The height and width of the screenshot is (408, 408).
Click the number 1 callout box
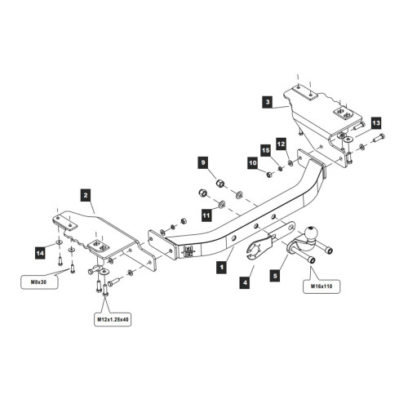(222, 267)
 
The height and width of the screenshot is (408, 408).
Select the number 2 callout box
(86, 195)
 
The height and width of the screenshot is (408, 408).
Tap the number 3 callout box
(268, 102)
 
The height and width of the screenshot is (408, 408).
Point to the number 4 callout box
(245, 282)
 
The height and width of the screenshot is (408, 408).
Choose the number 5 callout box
(275, 276)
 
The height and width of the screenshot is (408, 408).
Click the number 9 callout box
(203, 162)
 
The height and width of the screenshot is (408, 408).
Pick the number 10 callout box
(253, 163)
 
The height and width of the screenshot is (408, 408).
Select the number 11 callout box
(206, 215)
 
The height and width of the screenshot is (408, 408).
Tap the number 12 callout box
(282, 144)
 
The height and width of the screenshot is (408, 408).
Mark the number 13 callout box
(376, 123)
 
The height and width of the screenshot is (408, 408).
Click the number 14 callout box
(40, 254)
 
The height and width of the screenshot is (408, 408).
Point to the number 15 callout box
(266, 151)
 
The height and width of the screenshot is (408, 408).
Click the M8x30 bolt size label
(39, 282)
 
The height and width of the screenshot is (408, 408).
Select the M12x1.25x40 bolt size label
(113, 320)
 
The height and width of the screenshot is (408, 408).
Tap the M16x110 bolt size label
(322, 286)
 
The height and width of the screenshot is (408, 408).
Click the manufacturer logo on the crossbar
(188, 251)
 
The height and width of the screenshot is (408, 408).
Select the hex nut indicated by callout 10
(269, 175)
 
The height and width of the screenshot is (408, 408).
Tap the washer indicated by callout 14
(59, 242)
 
